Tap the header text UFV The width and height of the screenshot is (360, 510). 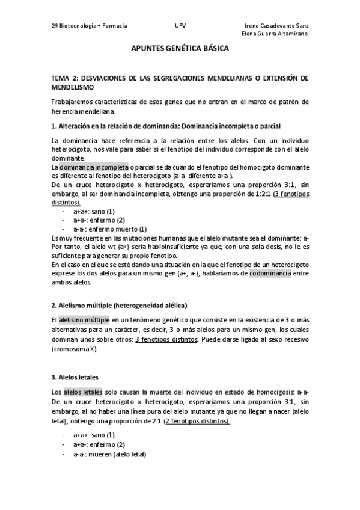[x=180, y=26]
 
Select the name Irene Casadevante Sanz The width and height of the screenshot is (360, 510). [x=277, y=26]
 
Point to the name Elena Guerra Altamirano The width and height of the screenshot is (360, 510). [x=275, y=34]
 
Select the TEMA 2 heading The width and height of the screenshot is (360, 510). [x=180, y=82]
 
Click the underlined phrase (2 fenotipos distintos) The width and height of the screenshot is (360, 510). [x=197, y=421]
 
